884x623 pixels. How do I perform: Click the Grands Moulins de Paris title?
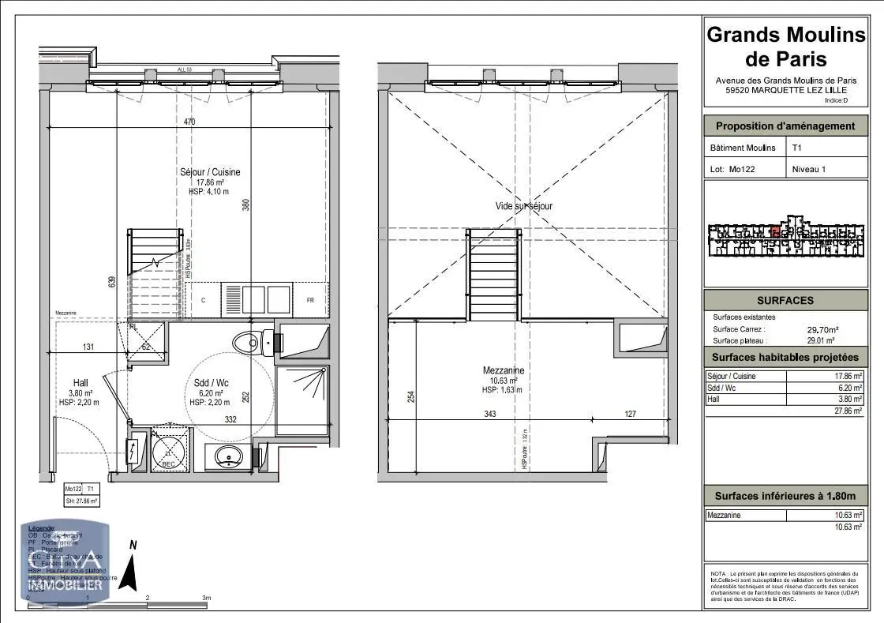pyautogui.click(x=786, y=47)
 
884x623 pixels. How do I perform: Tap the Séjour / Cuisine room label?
pyautogui.click(x=208, y=172)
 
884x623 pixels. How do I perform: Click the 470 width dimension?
pyautogui.click(x=189, y=122)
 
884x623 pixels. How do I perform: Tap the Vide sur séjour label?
pyautogui.click(x=524, y=206)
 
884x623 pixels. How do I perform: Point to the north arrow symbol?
pyautogui.click(x=133, y=564)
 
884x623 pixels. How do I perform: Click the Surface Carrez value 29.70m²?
pyautogui.click(x=822, y=329)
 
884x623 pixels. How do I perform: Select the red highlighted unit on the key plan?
pyautogui.click(x=776, y=233)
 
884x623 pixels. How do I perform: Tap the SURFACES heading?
pyautogui.click(x=785, y=300)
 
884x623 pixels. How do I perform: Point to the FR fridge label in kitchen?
pyautogui.click(x=310, y=300)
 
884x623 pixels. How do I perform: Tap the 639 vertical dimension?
pyautogui.click(x=112, y=280)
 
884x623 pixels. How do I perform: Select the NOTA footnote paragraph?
pyautogui.click(x=785, y=587)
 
